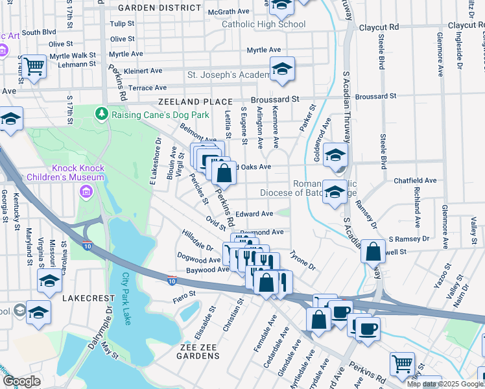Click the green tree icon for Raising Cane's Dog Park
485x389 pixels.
(101, 114)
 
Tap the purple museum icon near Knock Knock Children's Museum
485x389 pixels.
(86, 192)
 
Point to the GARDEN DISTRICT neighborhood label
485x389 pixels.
(160, 8)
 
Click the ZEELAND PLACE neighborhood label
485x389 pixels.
(195, 102)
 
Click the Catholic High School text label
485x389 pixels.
(263, 25)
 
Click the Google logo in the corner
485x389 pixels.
(21, 381)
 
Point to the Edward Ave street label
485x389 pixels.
(254, 213)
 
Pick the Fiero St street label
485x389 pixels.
(184, 295)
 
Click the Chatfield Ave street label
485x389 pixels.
(416, 180)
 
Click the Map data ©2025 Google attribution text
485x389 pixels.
(445, 384)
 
